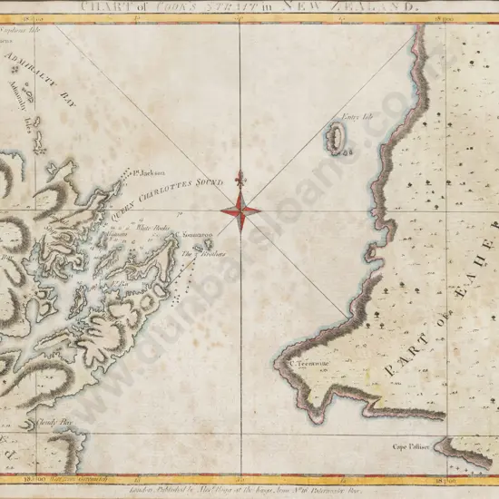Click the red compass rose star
tap(240, 211)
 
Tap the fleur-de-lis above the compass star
tap(240, 180)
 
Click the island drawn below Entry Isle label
tap(334, 138)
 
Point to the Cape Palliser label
tap(411, 446)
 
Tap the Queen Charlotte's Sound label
tap(167, 196)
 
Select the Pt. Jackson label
tap(147, 171)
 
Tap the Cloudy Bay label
tap(54, 421)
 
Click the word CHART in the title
tap(97, 5)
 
